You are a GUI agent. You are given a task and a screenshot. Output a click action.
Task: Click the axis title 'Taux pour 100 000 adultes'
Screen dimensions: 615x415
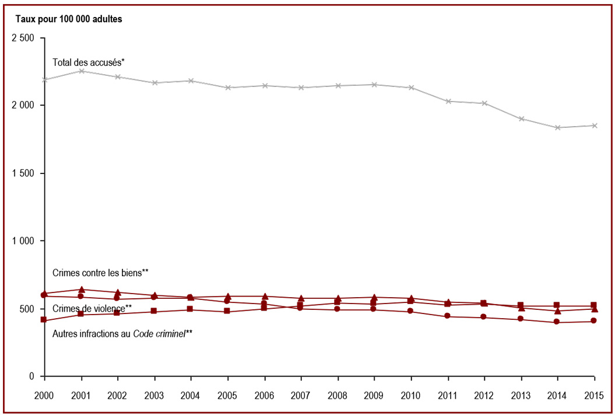coord(69,19)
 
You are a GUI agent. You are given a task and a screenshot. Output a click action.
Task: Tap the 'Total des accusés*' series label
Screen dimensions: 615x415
coord(89,62)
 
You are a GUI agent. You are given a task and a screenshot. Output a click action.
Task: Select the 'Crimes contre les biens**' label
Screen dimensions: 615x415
coord(100,273)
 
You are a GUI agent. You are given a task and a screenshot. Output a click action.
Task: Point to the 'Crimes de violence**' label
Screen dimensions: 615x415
coord(92,309)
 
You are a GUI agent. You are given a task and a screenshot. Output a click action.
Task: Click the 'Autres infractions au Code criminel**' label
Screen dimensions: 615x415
coord(122,334)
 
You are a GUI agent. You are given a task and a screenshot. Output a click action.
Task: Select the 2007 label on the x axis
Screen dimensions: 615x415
coord(301,395)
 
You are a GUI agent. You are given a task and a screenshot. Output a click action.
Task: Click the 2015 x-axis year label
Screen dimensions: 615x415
coord(595,395)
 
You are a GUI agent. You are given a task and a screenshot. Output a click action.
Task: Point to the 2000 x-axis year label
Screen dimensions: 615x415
coord(44,395)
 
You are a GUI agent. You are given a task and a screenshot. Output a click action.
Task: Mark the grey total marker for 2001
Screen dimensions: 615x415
coord(82,71)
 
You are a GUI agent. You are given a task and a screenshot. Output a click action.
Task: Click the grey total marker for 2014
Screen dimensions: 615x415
coord(557,128)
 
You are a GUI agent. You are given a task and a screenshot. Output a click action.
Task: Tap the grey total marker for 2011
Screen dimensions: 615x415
coord(448,102)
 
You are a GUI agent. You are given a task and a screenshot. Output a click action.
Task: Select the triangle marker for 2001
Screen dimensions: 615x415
coord(82,290)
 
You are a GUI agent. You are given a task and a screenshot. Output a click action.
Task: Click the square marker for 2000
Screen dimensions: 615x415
coord(43,320)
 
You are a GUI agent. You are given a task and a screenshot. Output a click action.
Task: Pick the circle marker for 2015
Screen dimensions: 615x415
coord(594,321)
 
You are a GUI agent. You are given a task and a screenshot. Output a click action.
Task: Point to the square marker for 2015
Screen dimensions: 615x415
coord(594,305)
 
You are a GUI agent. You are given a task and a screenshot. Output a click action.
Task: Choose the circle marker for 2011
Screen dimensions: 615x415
coord(447,316)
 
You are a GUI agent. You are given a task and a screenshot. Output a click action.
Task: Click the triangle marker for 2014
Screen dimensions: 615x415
coord(557,311)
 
